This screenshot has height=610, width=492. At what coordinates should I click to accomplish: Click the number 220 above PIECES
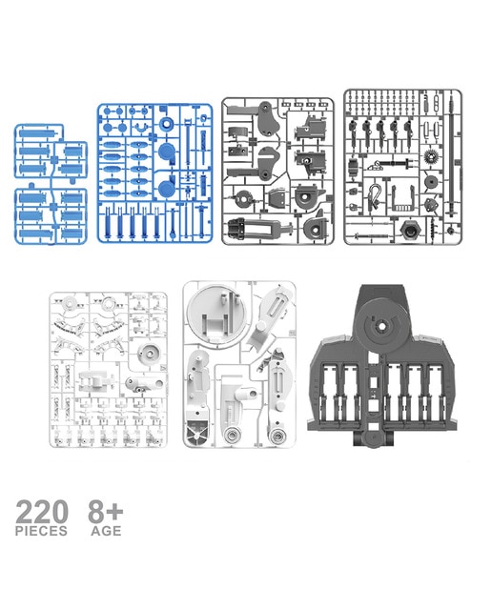click(x=42, y=512)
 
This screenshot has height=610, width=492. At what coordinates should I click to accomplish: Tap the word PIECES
click(x=41, y=531)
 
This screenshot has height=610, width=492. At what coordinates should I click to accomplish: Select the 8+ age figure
click(x=105, y=512)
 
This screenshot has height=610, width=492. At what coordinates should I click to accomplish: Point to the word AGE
click(x=106, y=531)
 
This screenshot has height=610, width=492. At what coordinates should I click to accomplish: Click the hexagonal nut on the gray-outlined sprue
click(x=410, y=231)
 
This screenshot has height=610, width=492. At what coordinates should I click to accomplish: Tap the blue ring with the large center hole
click(x=167, y=124)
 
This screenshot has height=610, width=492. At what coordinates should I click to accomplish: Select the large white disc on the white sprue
click(x=215, y=315)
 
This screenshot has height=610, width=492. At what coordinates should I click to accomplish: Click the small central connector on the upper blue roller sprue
click(x=53, y=159)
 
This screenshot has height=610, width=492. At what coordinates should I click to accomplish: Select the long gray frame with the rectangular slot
click(x=257, y=228)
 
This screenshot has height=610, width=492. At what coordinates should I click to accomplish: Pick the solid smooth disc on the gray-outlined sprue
click(x=431, y=182)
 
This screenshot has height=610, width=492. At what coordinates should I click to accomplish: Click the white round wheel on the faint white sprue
click(x=149, y=354)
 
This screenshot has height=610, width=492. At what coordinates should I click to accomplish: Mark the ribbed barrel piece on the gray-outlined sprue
click(x=353, y=167)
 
